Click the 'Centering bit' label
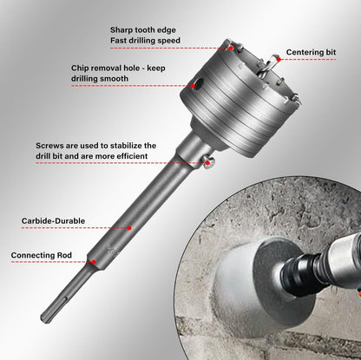(311, 52)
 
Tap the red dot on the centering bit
(279, 59)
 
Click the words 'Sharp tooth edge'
(143, 30)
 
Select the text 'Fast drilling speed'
(145, 41)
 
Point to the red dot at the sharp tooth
(231, 48)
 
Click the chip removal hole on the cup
(198, 84)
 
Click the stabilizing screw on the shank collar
(209, 161)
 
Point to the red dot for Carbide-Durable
(129, 228)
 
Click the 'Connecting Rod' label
(42, 255)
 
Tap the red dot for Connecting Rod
(94, 262)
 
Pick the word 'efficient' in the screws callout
(132, 156)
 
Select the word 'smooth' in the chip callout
(115, 79)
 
